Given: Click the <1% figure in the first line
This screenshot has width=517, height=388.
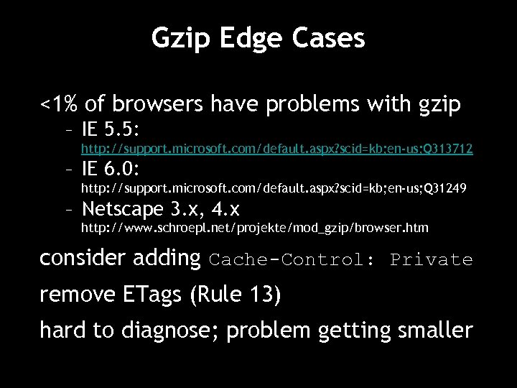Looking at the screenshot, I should pos(59,106).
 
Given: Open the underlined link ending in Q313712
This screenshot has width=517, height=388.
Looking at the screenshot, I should pos(276,149).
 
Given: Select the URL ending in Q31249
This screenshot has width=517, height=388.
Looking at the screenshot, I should pos(273,189).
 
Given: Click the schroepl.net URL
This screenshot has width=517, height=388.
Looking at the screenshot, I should pos(254,228).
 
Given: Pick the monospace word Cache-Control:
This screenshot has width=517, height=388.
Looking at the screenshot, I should pos(291,259).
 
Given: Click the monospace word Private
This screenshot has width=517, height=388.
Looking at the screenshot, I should pos(431,259).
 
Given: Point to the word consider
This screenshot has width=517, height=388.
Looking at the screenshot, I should pos(80,258).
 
